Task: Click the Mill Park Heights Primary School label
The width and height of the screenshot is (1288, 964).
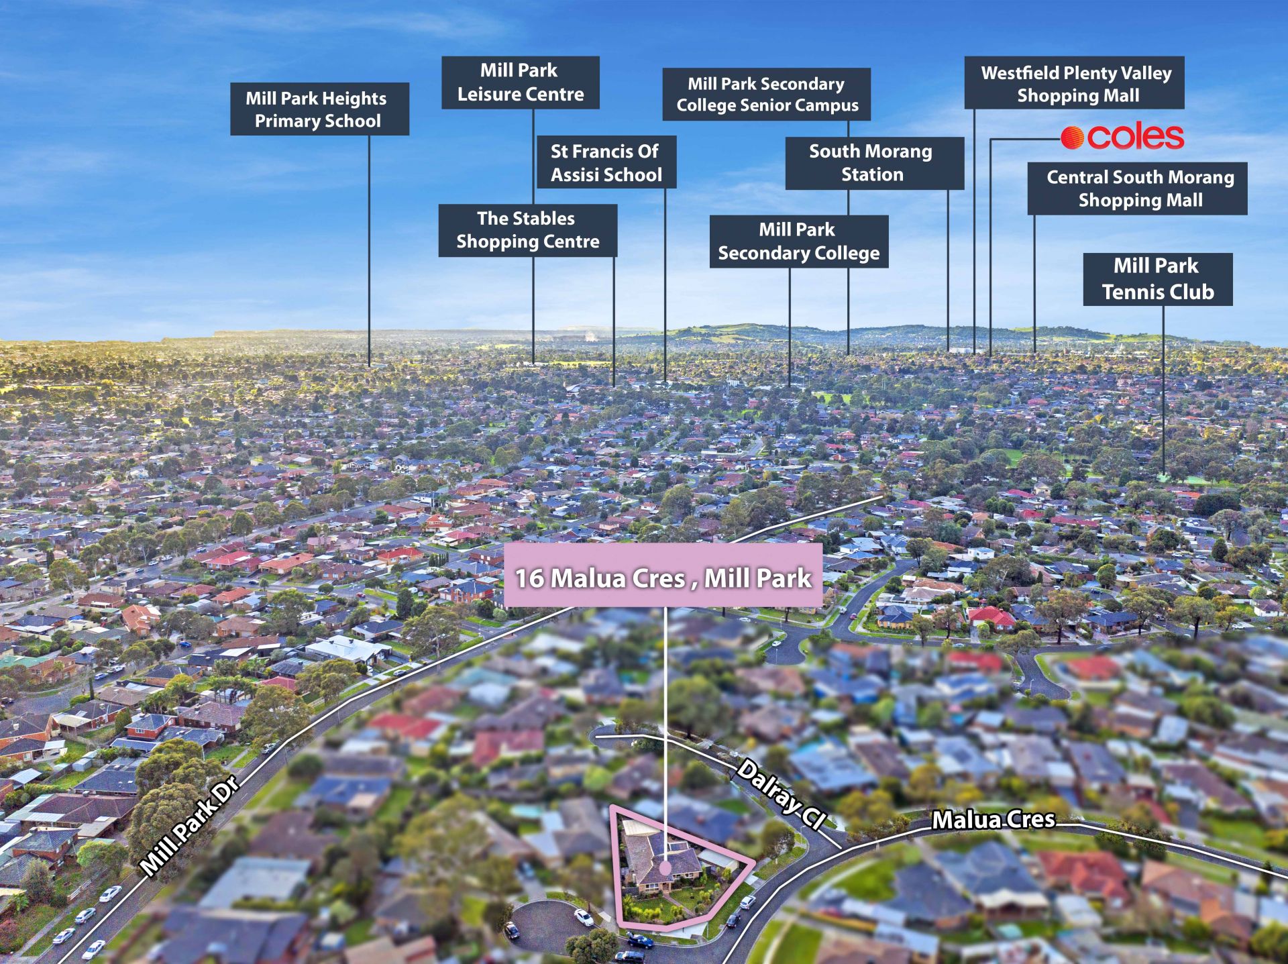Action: click(319, 109)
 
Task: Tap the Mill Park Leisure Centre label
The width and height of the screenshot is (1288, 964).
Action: click(520, 83)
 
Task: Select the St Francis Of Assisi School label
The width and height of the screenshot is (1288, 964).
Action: click(606, 162)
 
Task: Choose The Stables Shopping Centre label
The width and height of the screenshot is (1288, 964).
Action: click(527, 230)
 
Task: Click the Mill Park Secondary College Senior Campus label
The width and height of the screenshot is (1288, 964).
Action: click(767, 95)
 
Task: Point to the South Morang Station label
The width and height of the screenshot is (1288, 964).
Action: click(874, 163)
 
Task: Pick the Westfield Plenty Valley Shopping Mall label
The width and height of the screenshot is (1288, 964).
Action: click(1074, 83)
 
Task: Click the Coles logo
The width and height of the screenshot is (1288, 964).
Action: click(1122, 137)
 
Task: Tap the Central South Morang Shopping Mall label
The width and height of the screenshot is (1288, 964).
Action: click(1137, 189)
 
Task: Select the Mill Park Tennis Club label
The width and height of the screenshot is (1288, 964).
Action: click(1157, 279)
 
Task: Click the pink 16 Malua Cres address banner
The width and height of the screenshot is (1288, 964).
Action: click(663, 576)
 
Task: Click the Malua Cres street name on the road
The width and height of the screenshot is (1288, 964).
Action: click(994, 820)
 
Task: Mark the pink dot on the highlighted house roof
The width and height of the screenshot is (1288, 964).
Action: click(665, 867)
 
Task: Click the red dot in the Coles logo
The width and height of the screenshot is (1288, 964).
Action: click(1072, 138)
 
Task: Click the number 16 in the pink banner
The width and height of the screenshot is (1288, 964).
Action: click(529, 578)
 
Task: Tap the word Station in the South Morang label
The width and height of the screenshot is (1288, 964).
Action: click(872, 174)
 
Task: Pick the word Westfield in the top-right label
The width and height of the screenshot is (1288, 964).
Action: click(1020, 72)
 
